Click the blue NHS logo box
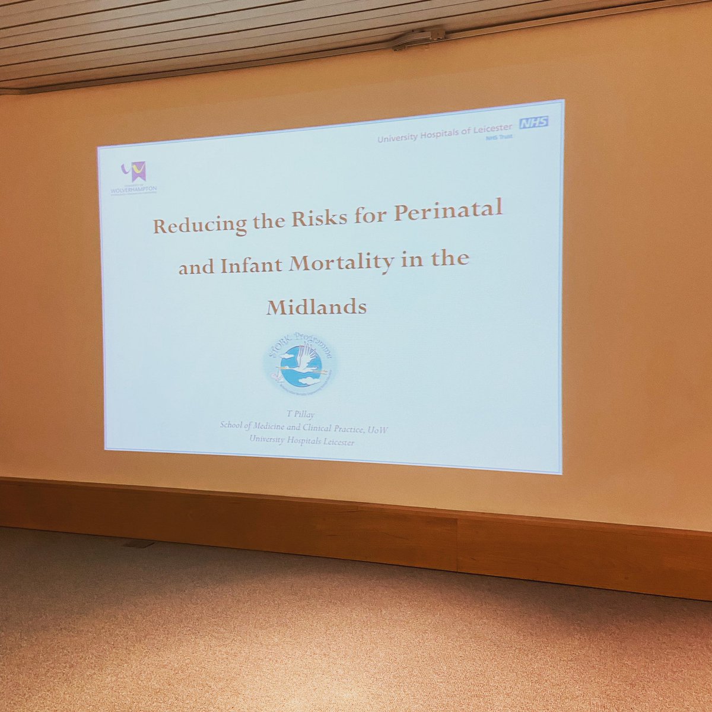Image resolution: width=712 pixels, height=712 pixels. (534, 122)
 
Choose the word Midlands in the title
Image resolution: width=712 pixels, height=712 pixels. (316, 307)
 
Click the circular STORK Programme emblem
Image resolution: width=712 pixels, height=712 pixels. (300, 364)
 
